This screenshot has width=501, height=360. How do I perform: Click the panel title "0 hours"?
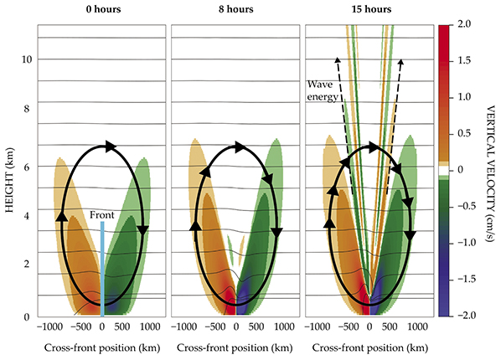coord(101,11)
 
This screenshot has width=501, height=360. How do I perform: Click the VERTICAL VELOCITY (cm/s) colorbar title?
coord(488,172)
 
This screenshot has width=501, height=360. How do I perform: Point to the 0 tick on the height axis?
coord(28,316)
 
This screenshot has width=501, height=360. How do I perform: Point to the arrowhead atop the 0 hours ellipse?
coord(106,147)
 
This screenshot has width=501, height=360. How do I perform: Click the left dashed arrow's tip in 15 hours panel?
coord(337,58)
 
